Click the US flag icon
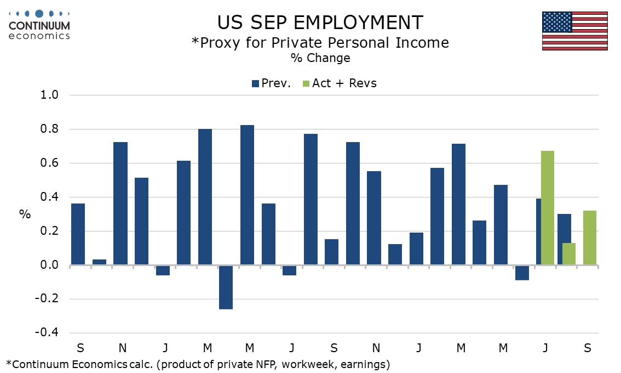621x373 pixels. point(574,31)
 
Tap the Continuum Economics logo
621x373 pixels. point(39,24)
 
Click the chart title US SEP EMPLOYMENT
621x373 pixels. point(320,22)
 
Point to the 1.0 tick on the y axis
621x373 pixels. point(50,95)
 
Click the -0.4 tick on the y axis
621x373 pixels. point(47,334)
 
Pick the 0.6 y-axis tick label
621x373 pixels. point(50,163)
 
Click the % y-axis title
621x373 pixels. point(25,214)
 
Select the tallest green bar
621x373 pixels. point(548,208)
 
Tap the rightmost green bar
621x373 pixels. point(590,238)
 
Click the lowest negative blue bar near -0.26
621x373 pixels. point(226,287)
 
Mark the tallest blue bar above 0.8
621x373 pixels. point(248,195)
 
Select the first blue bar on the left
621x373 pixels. point(78,234)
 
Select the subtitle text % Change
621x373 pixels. point(320,58)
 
